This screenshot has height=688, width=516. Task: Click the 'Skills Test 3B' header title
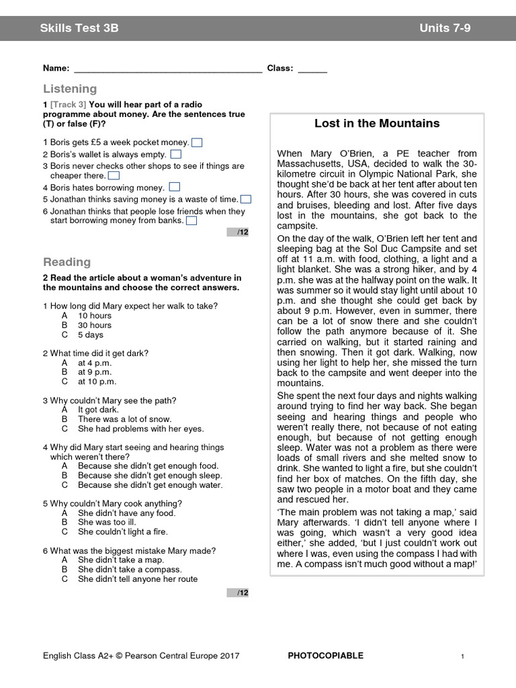[79, 28]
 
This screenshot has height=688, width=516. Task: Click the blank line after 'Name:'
[167, 69]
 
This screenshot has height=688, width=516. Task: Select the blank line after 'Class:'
[312, 69]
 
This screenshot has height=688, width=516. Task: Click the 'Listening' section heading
[70, 89]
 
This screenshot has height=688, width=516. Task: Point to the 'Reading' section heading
[67, 262]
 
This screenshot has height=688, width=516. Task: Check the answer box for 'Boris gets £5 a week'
[197, 142]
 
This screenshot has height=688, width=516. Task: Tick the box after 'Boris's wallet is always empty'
[175, 154]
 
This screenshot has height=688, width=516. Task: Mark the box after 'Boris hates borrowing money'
[174, 187]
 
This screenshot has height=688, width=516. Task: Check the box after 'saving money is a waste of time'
[246, 199]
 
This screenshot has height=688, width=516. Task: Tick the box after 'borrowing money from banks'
[191, 220]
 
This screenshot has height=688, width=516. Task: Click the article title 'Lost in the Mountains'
[377, 124]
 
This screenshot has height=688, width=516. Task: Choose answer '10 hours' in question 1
[95, 316]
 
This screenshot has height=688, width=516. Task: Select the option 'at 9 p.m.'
[95, 372]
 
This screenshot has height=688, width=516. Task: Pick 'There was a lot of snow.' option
[124, 419]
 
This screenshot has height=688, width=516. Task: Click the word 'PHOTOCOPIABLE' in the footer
[325, 656]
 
